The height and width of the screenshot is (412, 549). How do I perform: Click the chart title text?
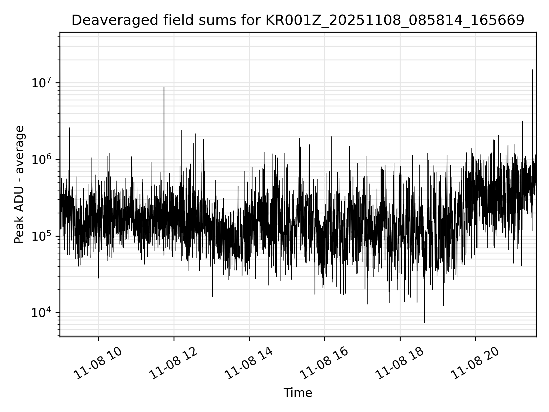point(298,20)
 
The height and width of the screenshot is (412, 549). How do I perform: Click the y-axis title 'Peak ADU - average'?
point(19,185)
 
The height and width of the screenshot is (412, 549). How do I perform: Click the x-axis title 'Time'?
point(298,393)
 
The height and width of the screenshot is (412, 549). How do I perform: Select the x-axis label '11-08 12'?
point(173,364)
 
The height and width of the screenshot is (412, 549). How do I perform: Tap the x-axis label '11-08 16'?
point(324,364)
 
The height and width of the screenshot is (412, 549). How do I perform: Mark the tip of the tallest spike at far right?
point(532,70)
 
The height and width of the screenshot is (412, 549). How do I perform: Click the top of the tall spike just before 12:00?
point(164,88)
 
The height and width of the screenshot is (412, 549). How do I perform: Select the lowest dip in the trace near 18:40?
point(425,323)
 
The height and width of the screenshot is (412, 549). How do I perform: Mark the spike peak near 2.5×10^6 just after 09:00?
point(69,128)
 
